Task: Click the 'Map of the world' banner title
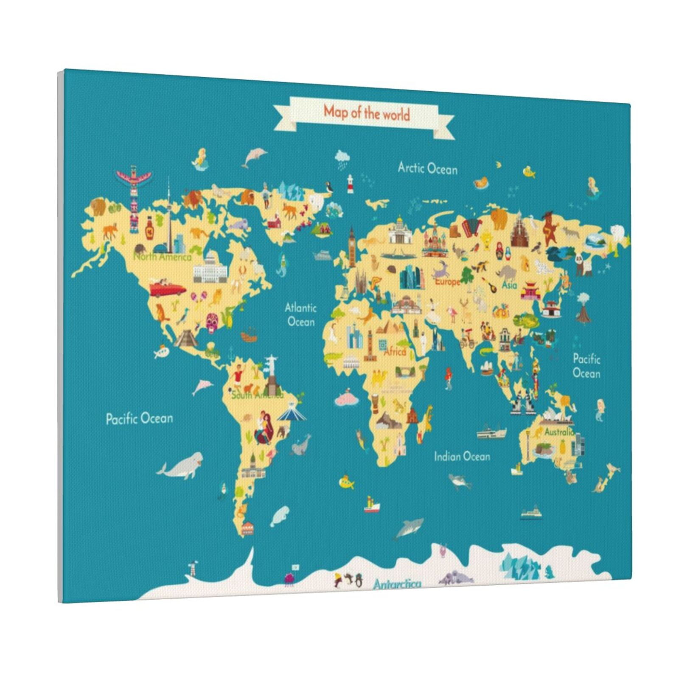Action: tap(367, 113)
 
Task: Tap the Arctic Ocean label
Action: tap(427, 168)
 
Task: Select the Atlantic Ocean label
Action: tap(301, 314)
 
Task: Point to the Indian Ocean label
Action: tap(462, 456)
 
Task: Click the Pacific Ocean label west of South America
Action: tap(139, 419)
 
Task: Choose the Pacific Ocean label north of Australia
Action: tap(586, 366)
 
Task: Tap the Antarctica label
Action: tap(397, 584)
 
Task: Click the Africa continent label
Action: tap(395, 352)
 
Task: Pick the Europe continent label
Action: tap(446, 281)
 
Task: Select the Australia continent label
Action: tap(558, 432)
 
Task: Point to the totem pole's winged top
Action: tap(134, 175)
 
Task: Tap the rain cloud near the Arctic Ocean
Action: tap(342, 157)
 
